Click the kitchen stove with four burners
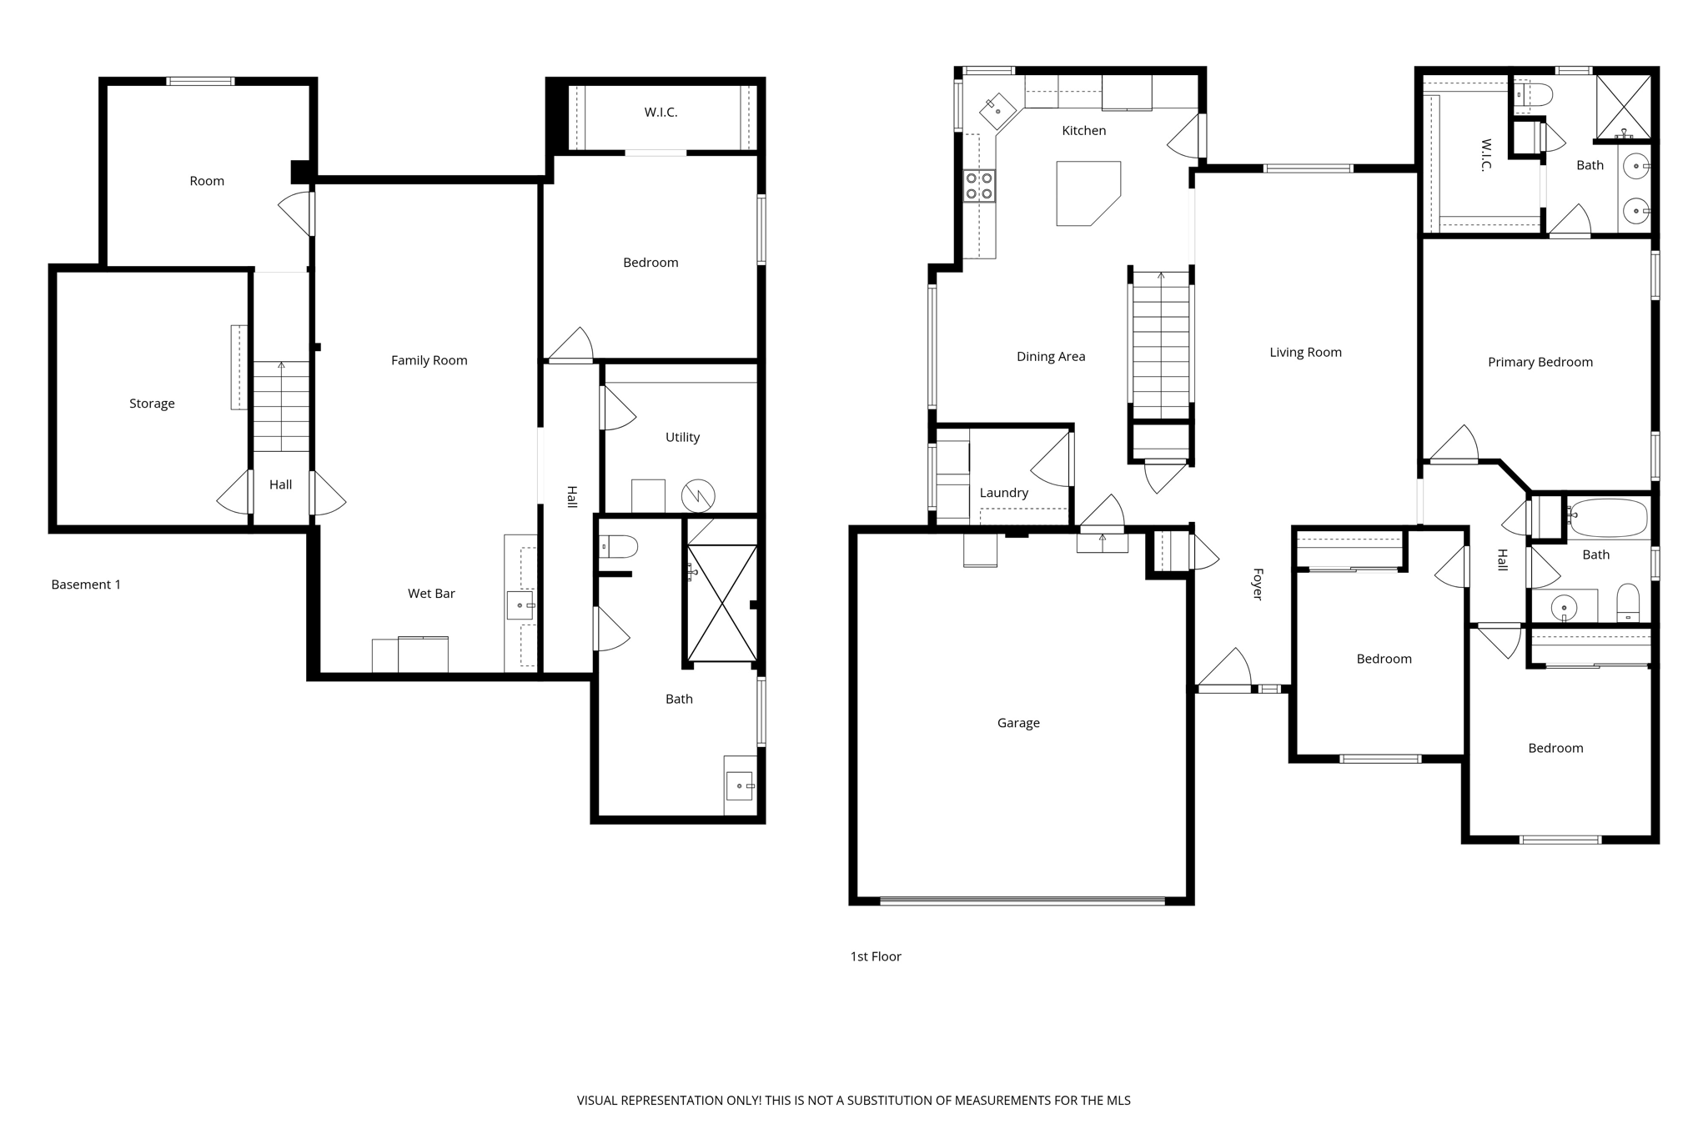(979, 185)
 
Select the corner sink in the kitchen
(997, 109)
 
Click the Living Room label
(1305, 353)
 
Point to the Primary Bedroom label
(1540, 362)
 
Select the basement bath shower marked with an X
(722, 603)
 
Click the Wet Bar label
(431, 594)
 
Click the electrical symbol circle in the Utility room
(698, 496)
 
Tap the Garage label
(1018, 723)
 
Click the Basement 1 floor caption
(86, 585)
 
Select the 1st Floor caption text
(876, 956)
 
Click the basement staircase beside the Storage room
(281, 407)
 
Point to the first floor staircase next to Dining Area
(1161, 346)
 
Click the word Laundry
(1003, 493)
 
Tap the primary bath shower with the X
(1623, 106)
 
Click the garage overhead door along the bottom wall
(1022, 901)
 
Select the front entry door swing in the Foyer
(1226, 671)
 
